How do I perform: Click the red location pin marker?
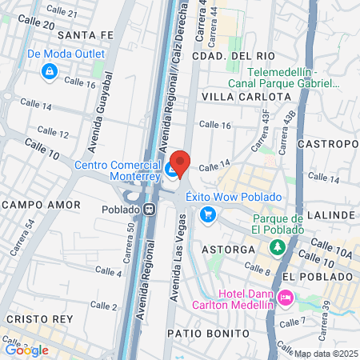point(180,163)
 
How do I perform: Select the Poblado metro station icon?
point(150,210)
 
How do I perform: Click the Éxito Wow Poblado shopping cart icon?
point(208,214)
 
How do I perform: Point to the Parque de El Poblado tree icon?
point(277,247)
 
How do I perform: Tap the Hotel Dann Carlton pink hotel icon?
point(286,298)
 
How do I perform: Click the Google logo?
point(26,350)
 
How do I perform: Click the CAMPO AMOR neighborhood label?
point(41,205)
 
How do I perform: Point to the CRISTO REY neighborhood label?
point(34,318)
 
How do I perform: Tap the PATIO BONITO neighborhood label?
point(202,331)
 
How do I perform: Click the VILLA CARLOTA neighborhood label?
point(246,96)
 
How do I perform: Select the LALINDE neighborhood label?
point(330,215)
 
